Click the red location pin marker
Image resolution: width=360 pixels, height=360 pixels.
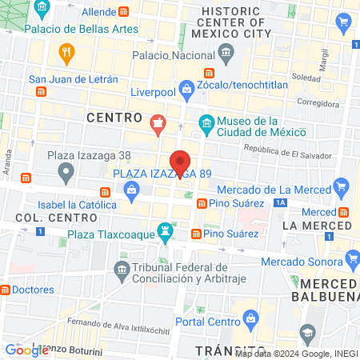(181, 162)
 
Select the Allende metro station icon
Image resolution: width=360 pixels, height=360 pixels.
(124, 13)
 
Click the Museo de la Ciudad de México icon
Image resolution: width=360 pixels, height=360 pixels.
(206, 122)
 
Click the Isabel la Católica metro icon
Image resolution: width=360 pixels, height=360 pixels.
(105, 192)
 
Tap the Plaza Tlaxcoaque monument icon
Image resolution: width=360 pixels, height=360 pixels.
(166, 230)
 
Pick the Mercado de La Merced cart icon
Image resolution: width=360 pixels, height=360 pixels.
(342, 189)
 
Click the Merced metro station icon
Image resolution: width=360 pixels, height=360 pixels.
(343, 212)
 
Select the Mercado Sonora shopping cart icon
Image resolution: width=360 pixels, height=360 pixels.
(353, 258)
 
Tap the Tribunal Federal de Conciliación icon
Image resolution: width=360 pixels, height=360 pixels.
(122, 266)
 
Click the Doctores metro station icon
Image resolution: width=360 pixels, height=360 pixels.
(5, 289)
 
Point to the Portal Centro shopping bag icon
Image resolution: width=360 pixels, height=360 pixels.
(250, 318)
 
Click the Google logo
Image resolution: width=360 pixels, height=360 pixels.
(26, 350)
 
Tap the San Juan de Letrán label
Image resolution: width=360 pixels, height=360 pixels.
(73, 79)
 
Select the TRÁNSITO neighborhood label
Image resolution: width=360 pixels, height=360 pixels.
(223, 350)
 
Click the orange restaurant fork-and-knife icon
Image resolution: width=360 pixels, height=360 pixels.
(66, 54)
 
